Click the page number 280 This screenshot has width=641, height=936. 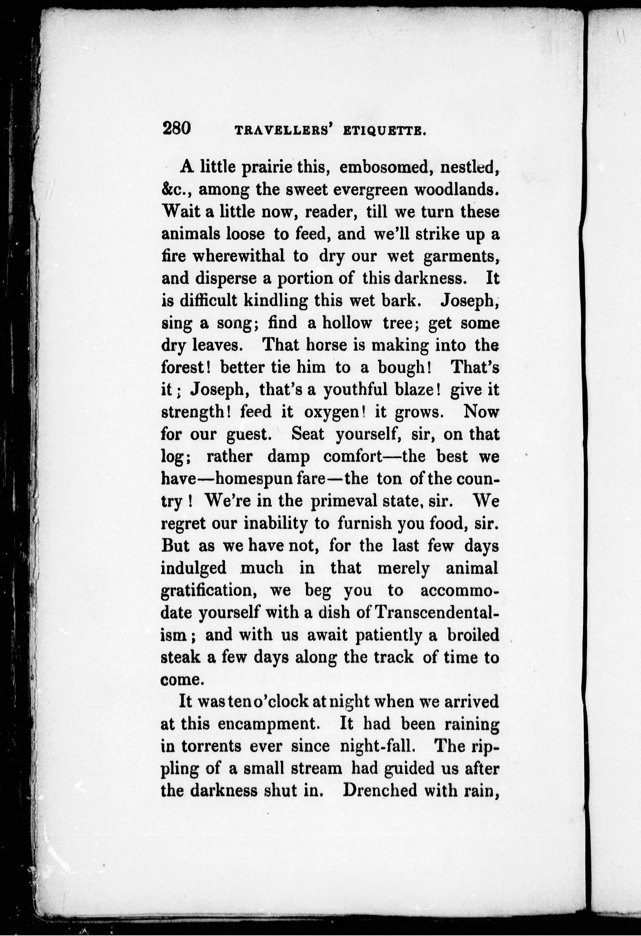coord(176,129)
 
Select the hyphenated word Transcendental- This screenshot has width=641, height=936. coord(437,612)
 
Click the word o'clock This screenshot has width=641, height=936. coord(280,701)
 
